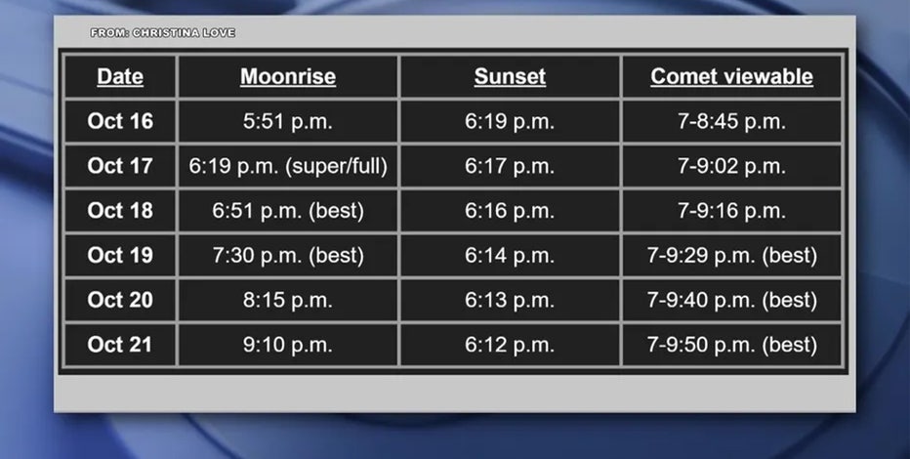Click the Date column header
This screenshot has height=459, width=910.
click(x=120, y=76)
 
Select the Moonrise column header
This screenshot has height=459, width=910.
click(x=288, y=76)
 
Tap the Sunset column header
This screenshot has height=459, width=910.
click(x=510, y=76)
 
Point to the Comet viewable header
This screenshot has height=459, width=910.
click(x=731, y=76)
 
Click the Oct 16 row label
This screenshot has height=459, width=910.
click(x=120, y=121)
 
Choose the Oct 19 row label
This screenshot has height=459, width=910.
click(x=120, y=255)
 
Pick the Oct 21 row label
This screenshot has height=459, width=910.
click(x=120, y=345)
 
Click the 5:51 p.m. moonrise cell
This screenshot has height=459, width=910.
click(x=288, y=122)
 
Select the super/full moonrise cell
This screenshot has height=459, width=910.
click(x=288, y=167)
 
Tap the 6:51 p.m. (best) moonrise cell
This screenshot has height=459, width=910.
click(x=288, y=211)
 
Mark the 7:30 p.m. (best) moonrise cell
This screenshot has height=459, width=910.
click(x=288, y=256)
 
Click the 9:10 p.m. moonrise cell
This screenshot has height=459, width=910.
click(x=288, y=346)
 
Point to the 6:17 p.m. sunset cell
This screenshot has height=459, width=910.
click(x=510, y=167)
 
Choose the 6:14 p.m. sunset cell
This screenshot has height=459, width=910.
click(x=510, y=256)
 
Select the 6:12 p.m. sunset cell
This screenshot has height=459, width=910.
click(x=510, y=346)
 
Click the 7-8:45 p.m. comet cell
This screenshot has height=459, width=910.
click(x=731, y=122)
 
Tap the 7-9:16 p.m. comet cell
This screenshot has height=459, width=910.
click(x=731, y=211)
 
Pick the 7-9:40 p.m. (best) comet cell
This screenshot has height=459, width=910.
click(x=732, y=301)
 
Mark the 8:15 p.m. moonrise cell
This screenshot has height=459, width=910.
click(x=288, y=301)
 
